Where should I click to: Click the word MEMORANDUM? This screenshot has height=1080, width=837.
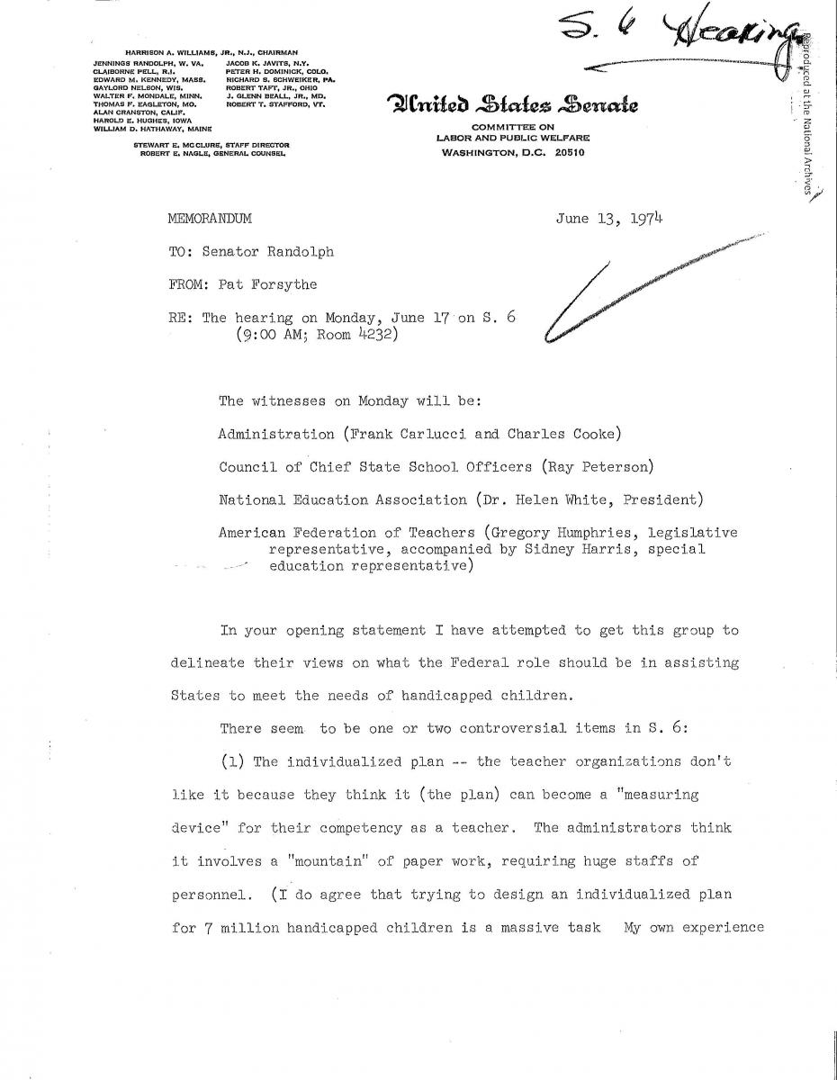coord(210,219)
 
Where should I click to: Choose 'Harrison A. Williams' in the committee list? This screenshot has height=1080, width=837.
coord(161,53)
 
